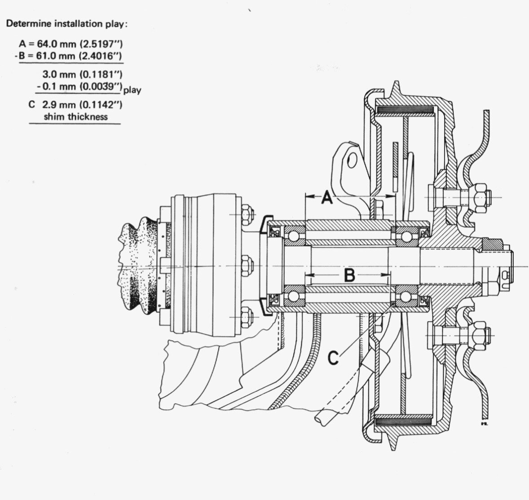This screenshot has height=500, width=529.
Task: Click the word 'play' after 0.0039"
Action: coord(132,90)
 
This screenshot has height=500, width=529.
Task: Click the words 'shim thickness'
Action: coord(75,116)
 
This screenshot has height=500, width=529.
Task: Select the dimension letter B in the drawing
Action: coord(349,275)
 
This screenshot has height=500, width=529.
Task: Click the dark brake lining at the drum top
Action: coord(406,111)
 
